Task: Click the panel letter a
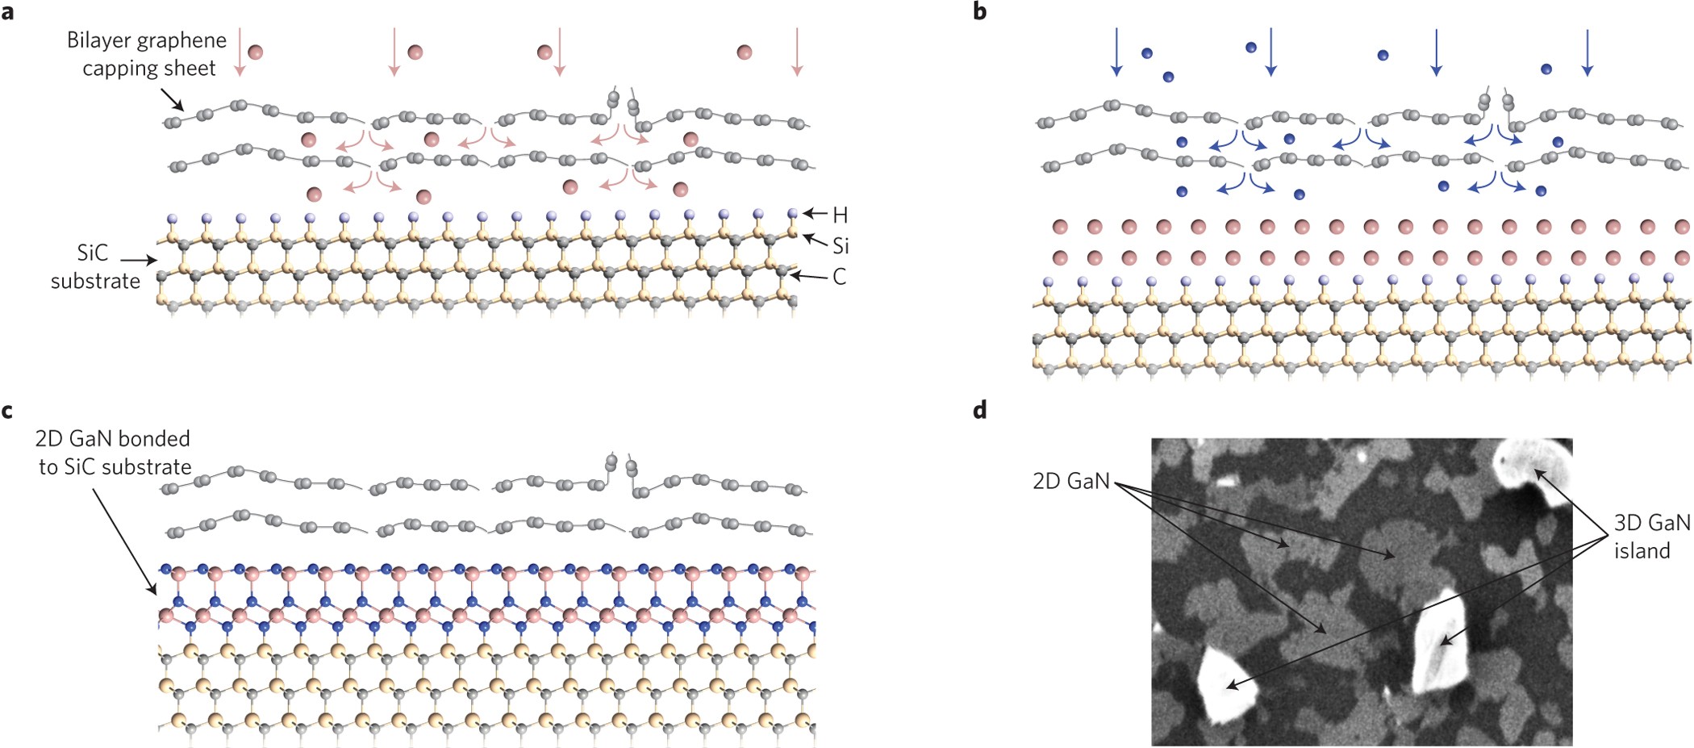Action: [7, 12]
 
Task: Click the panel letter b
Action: [980, 12]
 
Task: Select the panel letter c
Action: [7, 412]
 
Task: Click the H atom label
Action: [840, 215]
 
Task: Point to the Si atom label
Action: [841, 246]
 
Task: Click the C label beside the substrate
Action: [840, 278]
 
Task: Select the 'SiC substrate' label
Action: [95, 267]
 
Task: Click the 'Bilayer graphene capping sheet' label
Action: [147, 54]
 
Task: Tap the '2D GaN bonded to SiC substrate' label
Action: [114, 453]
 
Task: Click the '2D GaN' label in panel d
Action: [1070, 482]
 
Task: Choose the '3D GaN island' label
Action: [1650, 537]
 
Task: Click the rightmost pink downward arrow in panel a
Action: [797, 52]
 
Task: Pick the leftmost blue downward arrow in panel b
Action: [1116, 52]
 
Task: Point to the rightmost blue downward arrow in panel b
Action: [1588, 52]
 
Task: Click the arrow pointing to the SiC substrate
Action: [139, 260]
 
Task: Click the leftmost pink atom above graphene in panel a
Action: [255, 52]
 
